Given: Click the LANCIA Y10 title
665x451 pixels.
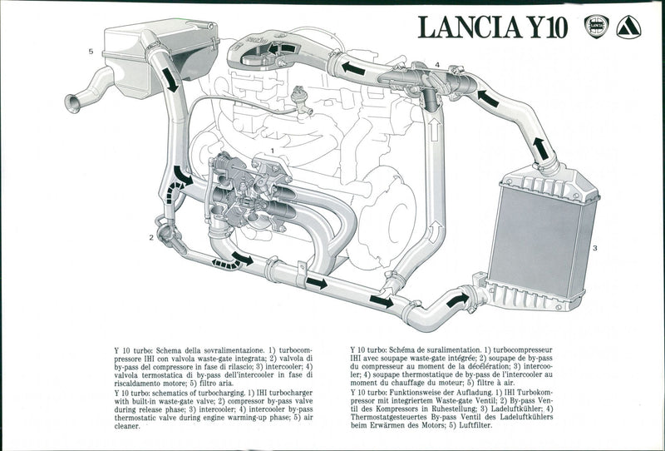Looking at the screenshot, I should (x=492, y=27).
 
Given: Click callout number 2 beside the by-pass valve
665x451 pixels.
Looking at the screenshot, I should (x=151, y=237).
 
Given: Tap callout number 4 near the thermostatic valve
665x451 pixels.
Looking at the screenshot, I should (x=437, y=64).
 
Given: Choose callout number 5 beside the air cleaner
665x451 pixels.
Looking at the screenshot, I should (x=90, y=52).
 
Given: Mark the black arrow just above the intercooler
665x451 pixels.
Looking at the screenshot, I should (x=540, y=148).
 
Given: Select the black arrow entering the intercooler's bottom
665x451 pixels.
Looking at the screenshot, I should (x=458, y=298).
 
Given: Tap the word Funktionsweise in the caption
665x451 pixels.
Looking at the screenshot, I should (x=423, y=390).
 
